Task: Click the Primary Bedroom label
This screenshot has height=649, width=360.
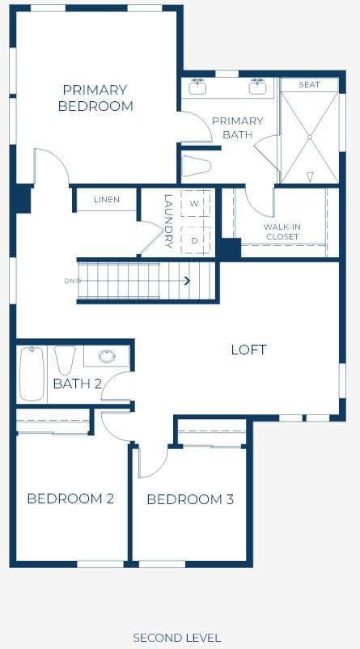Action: pyautogui.click(x=95, y=98)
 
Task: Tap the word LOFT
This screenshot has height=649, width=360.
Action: pyautogui.click(x=248, y=350)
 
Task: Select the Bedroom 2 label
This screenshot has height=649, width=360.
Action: pyautogui.click(x=70, y=498)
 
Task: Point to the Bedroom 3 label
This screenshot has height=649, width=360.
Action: pyautogui.click(x=190, y=499)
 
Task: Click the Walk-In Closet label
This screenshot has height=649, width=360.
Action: pyautogui.click(x=282, y=231)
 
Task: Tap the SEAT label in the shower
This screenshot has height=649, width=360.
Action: pyautogui.click(x=309, y=84)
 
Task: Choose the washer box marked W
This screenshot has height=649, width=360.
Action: pyautogui.click(x=195, y=203)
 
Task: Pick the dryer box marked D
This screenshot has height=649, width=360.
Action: pyautogui.click(x=195, y=240)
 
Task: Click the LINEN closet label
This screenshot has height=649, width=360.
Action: pyautogui.click(x=107, y=200)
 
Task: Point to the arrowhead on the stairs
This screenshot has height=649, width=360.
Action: pyautogui.click(x=188, y=281)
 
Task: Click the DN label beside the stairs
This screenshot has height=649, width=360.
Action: pyautogui.click(x=69, y=281)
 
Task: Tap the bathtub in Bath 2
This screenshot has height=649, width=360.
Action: pyautogui.click(x=32, y=374)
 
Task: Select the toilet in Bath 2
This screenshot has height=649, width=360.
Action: pyautogui.click(x=65, y=360)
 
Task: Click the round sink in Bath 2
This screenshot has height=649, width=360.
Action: pyautogui.click(x=107, y=356)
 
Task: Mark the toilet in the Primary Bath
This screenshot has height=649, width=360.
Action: pyautogui.click(x=197, y=166)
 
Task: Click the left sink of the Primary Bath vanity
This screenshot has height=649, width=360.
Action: pyautogui.click(x=197, y=87)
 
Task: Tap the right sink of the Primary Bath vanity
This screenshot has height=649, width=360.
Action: pyautogui.click(x=257, y=87)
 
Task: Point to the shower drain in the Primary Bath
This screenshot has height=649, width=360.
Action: pyautogui.click(x=310, y=137)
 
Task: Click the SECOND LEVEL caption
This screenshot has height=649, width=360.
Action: pyautogui.click(x=176, y=638)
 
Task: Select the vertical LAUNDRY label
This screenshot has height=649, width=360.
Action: pyautogui.click(x=168, y=222)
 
